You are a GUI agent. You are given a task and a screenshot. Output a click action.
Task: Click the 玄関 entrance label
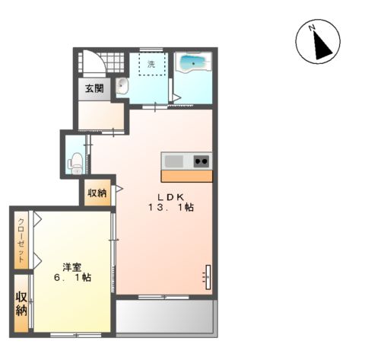(94, 88)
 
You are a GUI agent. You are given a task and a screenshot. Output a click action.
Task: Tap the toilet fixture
(76, 164)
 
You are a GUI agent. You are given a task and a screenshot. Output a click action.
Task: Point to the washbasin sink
(122, 86)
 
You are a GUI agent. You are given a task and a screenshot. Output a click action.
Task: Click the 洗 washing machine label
(151, 64)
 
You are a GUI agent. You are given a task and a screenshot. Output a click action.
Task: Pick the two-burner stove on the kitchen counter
(202, 161)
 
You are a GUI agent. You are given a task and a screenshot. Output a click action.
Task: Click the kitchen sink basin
(174, 161)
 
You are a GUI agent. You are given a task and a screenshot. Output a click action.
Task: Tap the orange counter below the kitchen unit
(187, 176)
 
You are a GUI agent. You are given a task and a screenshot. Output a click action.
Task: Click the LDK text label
(170, 196)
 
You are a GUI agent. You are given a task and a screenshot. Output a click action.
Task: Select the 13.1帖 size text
(171, 208)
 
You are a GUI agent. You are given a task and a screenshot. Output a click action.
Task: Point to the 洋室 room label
(72, 267)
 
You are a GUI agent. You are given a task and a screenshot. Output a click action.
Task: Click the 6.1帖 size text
(72, 277)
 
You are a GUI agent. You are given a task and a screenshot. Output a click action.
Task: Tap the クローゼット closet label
(21, 241)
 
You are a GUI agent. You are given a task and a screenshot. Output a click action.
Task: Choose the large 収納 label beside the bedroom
(21, 304)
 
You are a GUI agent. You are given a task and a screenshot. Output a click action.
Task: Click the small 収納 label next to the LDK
(97, 193)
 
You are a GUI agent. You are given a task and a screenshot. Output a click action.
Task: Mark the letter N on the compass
(312, 27)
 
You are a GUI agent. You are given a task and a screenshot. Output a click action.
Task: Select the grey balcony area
(165, 317)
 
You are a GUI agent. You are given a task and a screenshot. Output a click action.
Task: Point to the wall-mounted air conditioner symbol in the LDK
(208, 277)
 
